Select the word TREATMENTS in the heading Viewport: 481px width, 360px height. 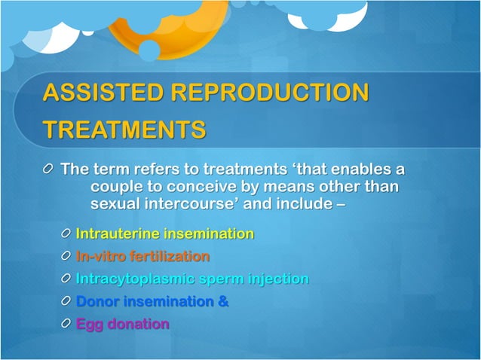(124, 130)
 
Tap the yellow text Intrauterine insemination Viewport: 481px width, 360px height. (164, 234)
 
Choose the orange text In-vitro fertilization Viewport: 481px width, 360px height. (142, 257)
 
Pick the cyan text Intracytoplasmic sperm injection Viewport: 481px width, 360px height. (192, 279)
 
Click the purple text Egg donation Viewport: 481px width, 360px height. (122, 325)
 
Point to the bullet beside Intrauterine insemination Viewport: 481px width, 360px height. (66, 234)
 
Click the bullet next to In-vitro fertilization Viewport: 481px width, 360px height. (66, 257)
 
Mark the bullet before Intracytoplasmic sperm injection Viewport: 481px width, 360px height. (66, 279)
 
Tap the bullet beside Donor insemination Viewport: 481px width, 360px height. (66, 302)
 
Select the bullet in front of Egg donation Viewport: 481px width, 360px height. (66, 325)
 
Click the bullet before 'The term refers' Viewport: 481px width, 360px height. (50, 169)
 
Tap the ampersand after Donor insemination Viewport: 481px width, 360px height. (223, 302)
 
